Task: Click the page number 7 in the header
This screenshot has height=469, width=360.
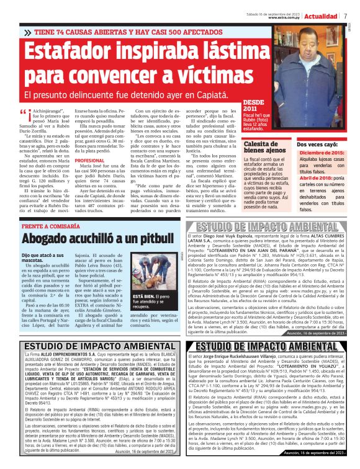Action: pyautogui.click(x=344, y=16)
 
